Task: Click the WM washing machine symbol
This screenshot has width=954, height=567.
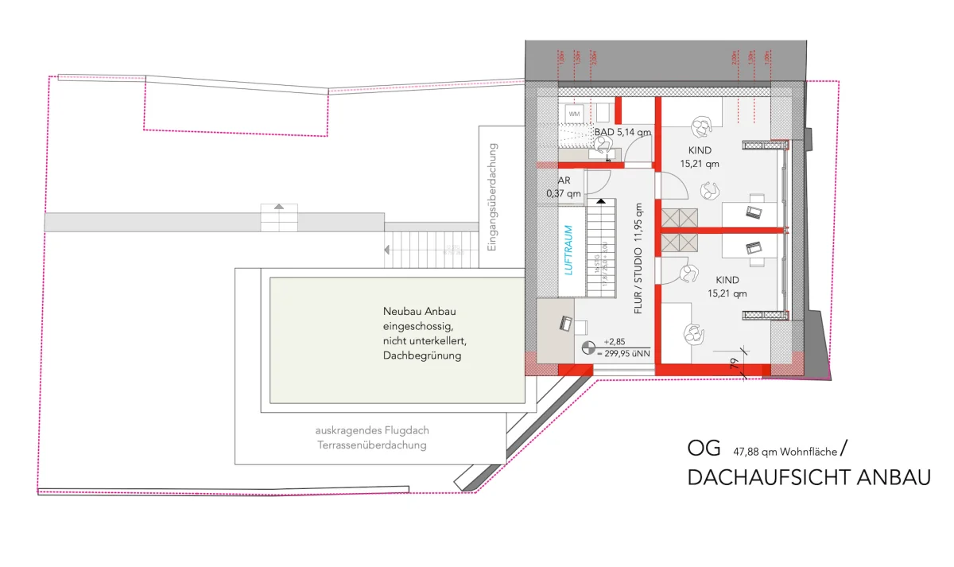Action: coord(574,115)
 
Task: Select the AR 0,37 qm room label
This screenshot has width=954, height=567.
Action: coord(563,187)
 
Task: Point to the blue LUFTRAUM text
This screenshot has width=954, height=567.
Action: coord(568,250)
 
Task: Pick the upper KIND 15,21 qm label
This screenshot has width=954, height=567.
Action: coord(700,157)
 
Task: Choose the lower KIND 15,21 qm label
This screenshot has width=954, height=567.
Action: coord(727,286)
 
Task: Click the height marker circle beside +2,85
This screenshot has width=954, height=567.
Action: coord(589,347)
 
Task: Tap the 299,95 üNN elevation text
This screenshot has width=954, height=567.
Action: coord(627,352)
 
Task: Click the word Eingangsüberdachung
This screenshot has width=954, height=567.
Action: coord(492,196)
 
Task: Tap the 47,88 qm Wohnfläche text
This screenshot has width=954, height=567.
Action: coord(785,452)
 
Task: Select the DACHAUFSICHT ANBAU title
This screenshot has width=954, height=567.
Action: coord(809,478)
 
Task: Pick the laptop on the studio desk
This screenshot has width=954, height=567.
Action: coord(565,323)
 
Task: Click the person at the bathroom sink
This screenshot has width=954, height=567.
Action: coord(603,145)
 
